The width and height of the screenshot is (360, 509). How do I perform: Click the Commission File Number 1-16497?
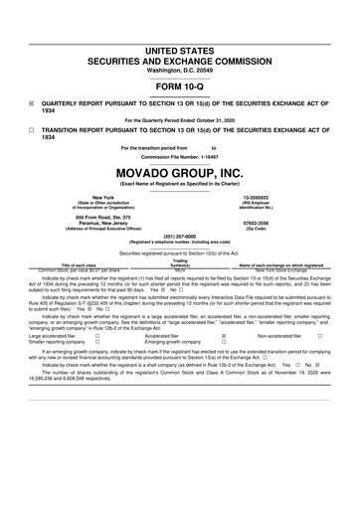pyautogui.click(x=208, y=157)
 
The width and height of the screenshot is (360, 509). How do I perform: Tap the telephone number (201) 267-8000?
pyautogui.click(x=179, y=237)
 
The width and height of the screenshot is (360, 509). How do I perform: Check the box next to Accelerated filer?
pyautogui.click(x=222, y=337)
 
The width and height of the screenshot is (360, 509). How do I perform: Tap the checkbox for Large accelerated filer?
pyautogui.click(x=96, y=337)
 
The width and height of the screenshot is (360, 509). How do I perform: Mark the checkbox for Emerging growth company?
pyautogui.click(x=222, y=343)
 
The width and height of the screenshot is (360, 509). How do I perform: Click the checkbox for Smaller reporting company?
pyautogui.click(x=96, y=343)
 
